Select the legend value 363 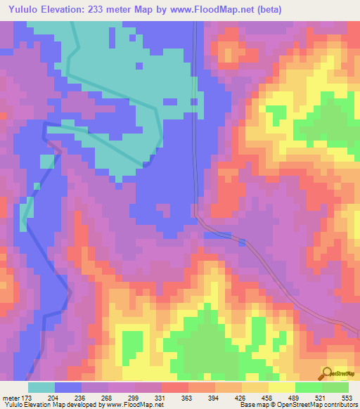tap(186, 398)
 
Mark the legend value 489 tap(294, 398)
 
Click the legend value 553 tap(347, 398)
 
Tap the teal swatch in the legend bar tap(41, 387)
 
